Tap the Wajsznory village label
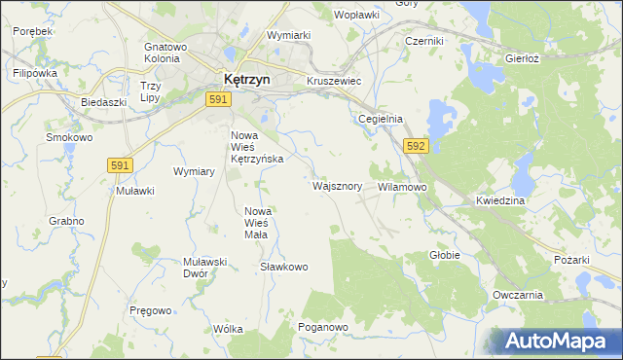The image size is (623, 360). (x=338, y=185)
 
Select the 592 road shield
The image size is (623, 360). (x=417, y=146)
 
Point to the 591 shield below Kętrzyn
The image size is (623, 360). (x=218, y=99)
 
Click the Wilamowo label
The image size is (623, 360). (x=402, y=186)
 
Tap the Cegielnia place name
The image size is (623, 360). (x=380, y=119)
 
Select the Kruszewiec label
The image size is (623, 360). (x=334, y=81)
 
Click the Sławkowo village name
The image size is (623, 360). (x=284, y=267)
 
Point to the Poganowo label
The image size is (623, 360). (x=323, y=328)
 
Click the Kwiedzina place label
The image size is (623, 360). (x=501, y=200)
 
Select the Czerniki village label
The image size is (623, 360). (x=424, y=42)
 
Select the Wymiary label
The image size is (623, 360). (x=193, y=171)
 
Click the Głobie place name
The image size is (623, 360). (x=444, y=255)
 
